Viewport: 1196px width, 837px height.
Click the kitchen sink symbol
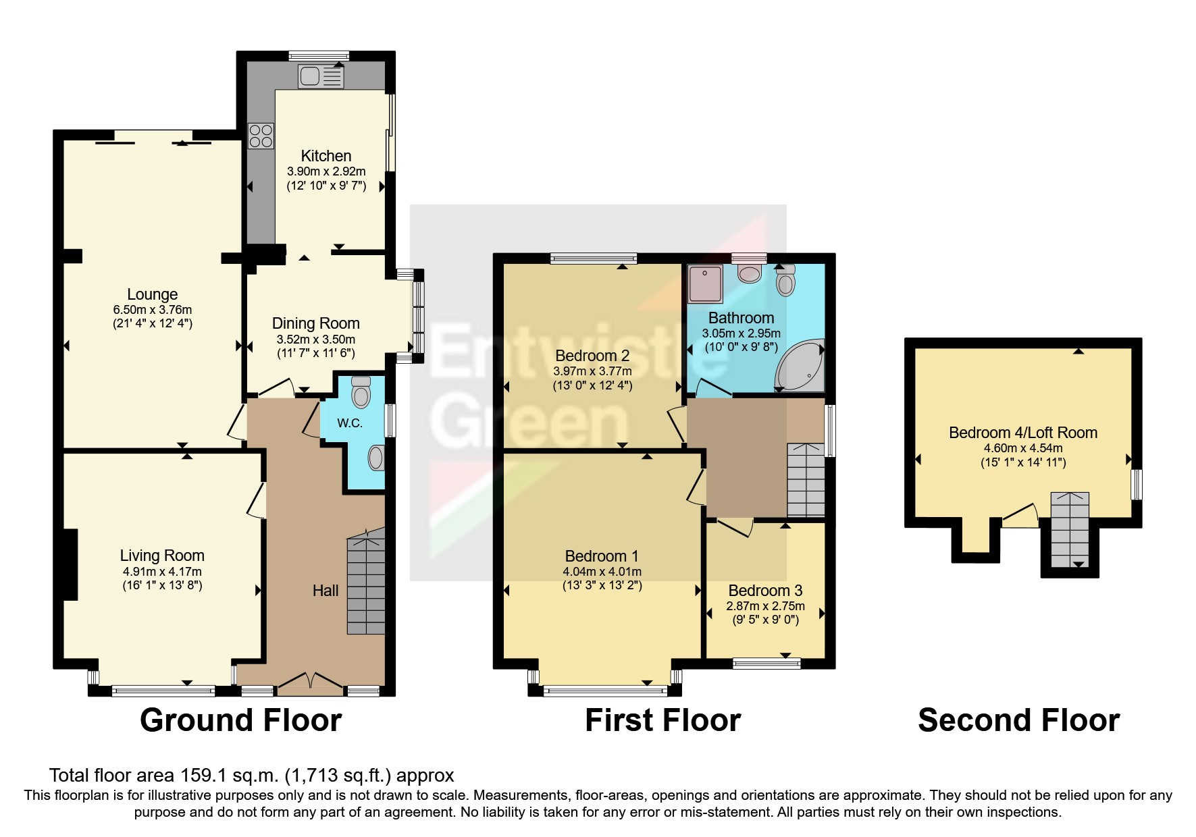pos(320,77)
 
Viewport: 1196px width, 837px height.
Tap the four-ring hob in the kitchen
pos(261,135)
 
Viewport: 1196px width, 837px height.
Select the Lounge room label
pos(153,294)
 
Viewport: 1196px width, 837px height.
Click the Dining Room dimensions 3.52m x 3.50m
pos(316,340)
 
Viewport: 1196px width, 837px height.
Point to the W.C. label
pos(350,423)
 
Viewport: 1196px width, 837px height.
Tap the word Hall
pos(326,591)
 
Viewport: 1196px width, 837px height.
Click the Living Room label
pos(162,556)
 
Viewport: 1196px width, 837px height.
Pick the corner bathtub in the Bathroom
pos(801,368)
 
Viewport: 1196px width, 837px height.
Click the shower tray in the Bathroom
pos(705,283)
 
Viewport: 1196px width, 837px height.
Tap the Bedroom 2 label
pos(592,356)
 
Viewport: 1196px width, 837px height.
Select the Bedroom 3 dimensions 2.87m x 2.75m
pos(765,606)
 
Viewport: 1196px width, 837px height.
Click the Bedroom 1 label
pos(602,556)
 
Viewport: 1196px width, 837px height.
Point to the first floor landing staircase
pos(806,481)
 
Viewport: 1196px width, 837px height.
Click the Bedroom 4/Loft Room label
pos(1023,433)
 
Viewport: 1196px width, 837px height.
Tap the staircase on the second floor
pos(1070,530)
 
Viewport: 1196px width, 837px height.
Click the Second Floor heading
pos(1018,720)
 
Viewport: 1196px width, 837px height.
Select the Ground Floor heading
pos(241,720)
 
